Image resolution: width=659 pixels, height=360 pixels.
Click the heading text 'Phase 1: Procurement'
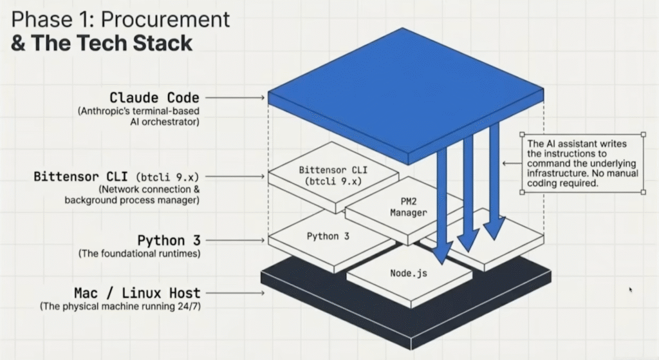point(120,19)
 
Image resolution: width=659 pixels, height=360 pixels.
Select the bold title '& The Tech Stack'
point(101,43)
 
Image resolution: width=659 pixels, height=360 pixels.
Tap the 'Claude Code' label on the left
point(154,98)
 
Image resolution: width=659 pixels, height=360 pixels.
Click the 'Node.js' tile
point(408,273)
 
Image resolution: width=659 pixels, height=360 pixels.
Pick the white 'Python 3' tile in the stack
point(328,237)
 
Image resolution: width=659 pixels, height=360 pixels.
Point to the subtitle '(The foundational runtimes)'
point(139,254)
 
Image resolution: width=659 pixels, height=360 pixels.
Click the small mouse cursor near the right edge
point(631,290)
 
